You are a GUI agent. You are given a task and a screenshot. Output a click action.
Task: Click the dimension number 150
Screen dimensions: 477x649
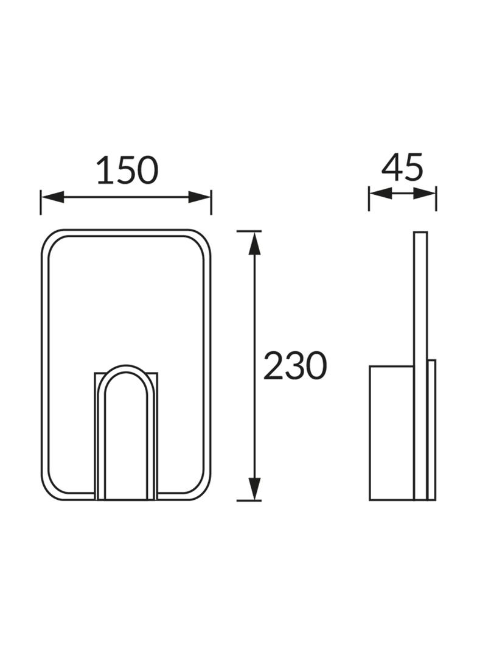coord(127,170)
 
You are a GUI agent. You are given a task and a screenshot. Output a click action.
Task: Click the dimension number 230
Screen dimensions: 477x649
coord(295,365)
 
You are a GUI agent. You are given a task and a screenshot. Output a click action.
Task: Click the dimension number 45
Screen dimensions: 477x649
coord(402,167)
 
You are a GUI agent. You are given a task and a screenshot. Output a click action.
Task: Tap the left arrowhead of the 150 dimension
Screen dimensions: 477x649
coord(52,197)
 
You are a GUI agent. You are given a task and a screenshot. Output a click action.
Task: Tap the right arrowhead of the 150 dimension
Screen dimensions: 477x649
coord(200,197)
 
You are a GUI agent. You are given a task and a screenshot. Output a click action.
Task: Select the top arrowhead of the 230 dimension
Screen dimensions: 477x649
coord(254,243)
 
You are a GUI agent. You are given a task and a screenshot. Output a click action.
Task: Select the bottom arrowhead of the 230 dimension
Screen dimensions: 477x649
coord(254,489)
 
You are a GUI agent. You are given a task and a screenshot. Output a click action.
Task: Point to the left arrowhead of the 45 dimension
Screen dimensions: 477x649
coord(380,193)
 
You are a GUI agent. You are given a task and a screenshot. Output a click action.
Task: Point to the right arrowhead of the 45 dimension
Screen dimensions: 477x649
coord(425,193)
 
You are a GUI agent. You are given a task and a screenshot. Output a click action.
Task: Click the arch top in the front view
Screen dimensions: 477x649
coord(126,368)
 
